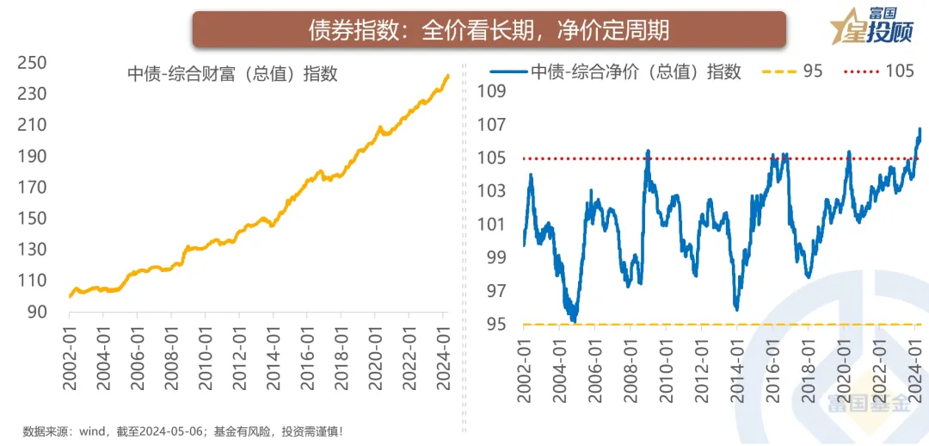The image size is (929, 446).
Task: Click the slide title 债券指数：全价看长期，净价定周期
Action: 489,31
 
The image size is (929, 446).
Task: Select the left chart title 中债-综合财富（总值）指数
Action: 232,74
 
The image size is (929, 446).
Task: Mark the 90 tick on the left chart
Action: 37,312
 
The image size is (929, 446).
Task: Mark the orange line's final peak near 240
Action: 448,76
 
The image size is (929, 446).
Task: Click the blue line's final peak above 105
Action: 920,129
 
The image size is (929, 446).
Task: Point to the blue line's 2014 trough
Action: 736,307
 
